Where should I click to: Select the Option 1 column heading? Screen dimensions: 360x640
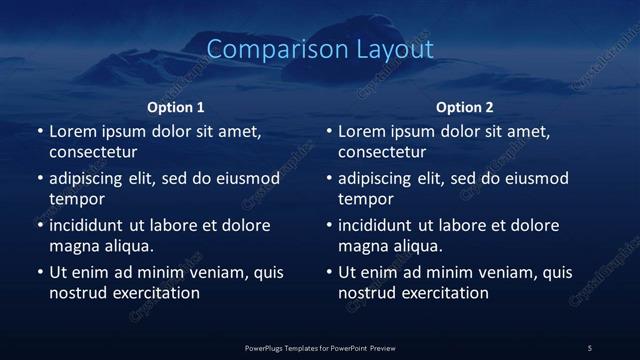pyautogui.click(x=176, y=107)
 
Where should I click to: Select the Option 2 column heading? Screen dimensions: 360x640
pyautogui.click(x=465, y=107)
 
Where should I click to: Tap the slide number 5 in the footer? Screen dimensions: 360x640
pyautogui.click(x=590, y=348)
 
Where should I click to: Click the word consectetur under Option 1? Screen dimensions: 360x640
pyautogui.click(x=93, y=152)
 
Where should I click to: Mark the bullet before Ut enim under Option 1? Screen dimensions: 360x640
pyautogui.click(x=40, y=272)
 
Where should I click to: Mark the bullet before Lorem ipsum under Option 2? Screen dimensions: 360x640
pyautogui.click(x=329, y=131)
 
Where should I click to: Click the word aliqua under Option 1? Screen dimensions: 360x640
pyautogui.click(x=127, y=246)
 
